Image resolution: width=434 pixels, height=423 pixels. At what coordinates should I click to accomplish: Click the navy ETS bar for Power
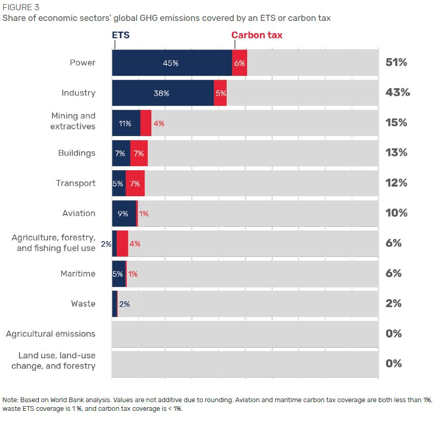point(172,63)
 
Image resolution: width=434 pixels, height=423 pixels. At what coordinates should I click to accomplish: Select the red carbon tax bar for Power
point(239,63)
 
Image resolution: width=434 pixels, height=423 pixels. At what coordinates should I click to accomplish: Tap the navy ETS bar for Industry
point(162,93)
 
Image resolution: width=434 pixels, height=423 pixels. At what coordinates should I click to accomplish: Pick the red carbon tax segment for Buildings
point(139,153)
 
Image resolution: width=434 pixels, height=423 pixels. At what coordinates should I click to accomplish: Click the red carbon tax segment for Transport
point(135,183)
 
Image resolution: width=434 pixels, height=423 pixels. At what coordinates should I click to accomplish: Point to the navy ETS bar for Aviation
point(124,213)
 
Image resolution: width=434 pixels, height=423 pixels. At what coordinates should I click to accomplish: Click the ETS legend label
point(121,35)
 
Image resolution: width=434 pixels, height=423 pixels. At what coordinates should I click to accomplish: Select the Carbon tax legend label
point(257,35)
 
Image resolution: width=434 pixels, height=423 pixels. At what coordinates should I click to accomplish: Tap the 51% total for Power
point(397,63)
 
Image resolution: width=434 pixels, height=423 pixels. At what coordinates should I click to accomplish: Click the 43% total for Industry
point(397,93)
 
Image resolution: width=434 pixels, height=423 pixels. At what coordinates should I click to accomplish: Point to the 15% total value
point(396,123)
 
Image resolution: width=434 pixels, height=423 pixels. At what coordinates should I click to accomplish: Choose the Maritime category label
point(77,274)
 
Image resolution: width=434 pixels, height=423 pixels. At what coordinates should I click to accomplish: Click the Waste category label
point(83,304)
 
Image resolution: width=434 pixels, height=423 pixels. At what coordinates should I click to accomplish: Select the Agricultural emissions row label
point(50,334)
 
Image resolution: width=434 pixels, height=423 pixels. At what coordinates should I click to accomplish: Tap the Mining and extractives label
point(73,121)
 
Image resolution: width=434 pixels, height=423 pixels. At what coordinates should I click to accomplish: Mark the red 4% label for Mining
point(158,123)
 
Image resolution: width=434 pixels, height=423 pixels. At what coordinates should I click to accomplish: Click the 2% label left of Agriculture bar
point(106,244)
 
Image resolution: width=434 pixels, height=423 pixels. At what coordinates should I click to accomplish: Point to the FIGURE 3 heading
point(20,8)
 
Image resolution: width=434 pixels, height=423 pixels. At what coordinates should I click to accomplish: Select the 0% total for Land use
point(394,364)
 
